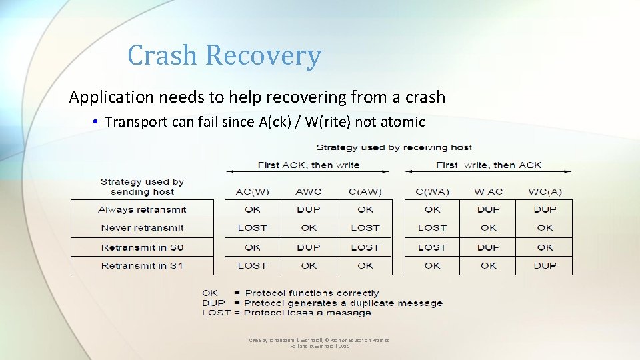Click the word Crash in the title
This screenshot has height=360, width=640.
click(x=163, y=55)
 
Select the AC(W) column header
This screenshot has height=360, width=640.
click(x=253, y=191)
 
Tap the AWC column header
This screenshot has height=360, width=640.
click(x=309, y=191)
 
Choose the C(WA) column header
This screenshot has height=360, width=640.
click(x=432, y=191)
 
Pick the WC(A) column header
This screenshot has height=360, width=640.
click(x=545, y=191)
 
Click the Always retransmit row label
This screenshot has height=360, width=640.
click(x=142, y=209)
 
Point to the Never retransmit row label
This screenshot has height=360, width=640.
click(x=142, y=227)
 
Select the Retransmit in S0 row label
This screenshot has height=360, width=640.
click(x=142, y=247)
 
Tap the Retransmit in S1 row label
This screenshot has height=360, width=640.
click(x=142, y=265)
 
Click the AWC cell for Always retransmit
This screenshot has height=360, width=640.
click(x=309, y=209)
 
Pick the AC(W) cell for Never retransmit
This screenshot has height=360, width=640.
click(x=253, y=227)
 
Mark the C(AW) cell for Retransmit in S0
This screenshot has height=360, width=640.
click(x=365, y=247)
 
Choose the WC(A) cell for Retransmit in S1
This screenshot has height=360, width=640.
click(x=545, y=265)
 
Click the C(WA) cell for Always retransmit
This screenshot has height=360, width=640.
click(x=432, y=209)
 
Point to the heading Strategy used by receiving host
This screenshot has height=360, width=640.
click(x=394, y=147)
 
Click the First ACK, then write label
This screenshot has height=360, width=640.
click(x=309, y=165)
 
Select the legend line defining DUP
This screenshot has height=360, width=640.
click(x=322, y=303)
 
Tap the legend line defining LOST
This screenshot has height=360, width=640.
click(x=286, y=313)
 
